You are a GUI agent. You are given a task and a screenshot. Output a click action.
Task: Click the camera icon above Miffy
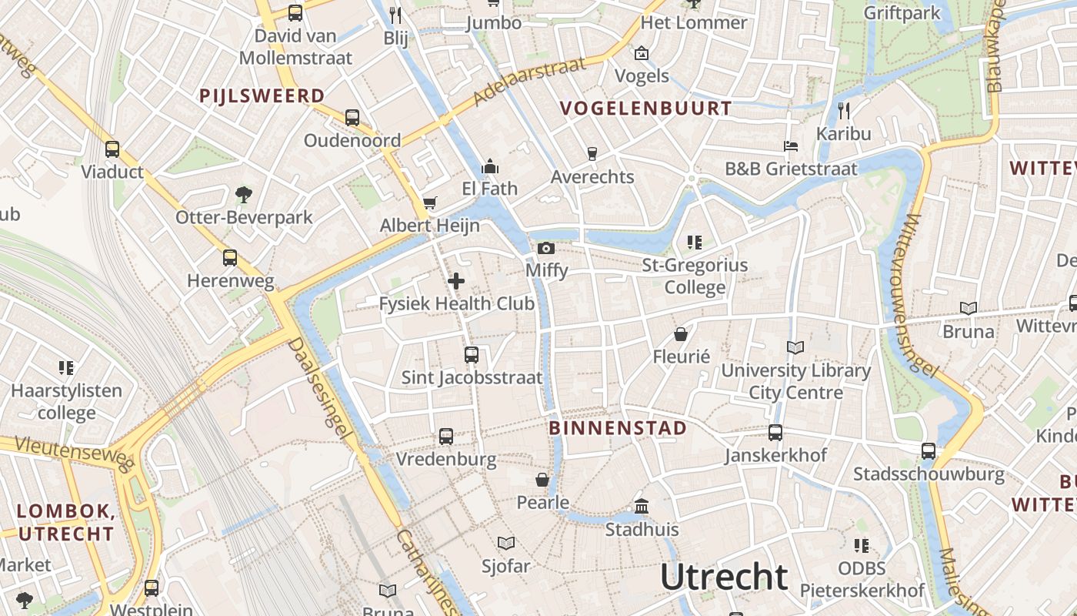[546, 248]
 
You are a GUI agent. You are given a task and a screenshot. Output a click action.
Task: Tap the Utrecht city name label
[724, 577]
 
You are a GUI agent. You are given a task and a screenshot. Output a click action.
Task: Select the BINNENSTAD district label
[618, 428]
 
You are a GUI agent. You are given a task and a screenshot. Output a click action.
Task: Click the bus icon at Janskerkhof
[775, 433]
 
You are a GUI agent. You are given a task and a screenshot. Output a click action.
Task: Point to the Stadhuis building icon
[642, 507]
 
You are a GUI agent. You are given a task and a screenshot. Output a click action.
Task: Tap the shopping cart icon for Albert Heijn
[430, 203]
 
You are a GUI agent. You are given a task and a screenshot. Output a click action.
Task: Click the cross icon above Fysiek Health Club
[456, 281]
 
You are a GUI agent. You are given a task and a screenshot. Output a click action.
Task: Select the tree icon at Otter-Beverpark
[244, 194]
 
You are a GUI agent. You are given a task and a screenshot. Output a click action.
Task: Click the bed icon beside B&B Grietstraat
[791, 146]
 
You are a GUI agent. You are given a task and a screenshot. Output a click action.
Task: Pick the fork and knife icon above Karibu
[844, 110]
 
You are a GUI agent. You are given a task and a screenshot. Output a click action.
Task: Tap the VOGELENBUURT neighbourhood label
[646, 109]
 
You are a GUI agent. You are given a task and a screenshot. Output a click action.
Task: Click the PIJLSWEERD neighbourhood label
[262, 96]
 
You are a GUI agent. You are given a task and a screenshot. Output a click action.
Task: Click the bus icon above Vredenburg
[446, 437]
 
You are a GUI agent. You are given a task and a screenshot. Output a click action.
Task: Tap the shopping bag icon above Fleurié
[681, 334]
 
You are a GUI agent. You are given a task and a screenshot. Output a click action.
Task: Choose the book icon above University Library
[795, 348]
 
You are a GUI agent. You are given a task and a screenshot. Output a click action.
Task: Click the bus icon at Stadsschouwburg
[929, 451]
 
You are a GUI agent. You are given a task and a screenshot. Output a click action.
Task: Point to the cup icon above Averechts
[592, 154]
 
